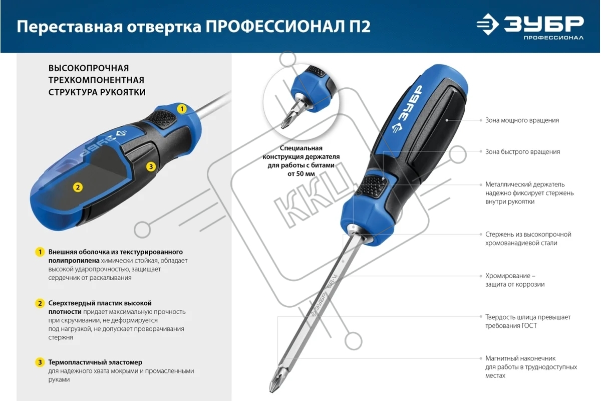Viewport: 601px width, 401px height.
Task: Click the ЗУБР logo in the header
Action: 530,27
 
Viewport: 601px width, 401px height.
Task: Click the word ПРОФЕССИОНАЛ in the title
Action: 275,27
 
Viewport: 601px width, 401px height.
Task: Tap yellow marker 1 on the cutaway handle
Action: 182,109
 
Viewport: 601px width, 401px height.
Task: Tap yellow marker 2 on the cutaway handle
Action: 78,187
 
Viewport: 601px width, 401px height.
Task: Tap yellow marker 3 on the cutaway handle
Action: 151,167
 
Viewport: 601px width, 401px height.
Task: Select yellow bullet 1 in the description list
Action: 40,252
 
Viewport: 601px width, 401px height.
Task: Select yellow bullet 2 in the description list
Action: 40,303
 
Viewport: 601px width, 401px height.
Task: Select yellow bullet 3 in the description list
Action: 40,362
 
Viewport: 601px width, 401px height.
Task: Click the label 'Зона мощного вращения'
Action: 522,120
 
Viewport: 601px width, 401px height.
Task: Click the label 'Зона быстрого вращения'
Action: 523,152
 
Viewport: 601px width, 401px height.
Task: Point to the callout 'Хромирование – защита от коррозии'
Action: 515,280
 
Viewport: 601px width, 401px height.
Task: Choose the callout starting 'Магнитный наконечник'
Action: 531,367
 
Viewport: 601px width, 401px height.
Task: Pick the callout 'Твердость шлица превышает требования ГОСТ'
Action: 528,321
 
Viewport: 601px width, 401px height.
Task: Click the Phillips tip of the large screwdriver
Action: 275,381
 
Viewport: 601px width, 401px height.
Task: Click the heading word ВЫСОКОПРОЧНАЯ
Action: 89,68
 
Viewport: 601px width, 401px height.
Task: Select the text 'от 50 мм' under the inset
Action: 301,174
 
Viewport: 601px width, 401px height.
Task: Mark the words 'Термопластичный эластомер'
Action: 95,362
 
